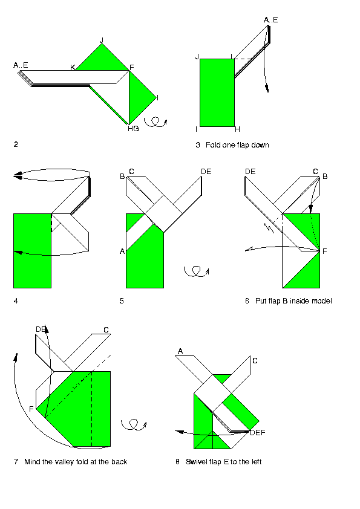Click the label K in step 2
coord(73,68)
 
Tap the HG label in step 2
coord(133,129)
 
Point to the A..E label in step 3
coord(270,20)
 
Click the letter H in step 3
coord(238,129)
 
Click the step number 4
coord(16,301)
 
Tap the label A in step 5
coord(122,251)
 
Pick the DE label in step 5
coord(206,172)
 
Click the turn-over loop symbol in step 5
coord(196,271)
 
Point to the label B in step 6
coord(325,177)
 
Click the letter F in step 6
coord(324,251)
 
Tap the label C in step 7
coord(106,330)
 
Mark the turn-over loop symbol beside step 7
coord(134,424)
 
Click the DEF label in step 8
coord(258,433)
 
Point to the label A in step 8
coord(180,351)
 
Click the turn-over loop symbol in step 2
coord(155,122)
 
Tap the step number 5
coord(122,301)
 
